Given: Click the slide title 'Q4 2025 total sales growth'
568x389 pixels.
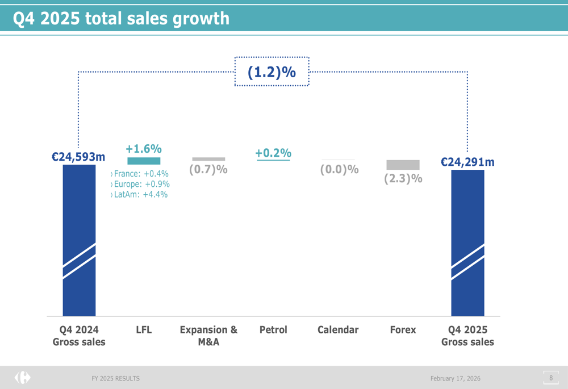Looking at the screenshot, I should pyautogui.click(x=121, y=19).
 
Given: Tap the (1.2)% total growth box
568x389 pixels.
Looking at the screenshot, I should pyautogui.click(x=272, y=72).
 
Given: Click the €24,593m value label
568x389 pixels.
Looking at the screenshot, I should pyautogui.click(x=78, y=157).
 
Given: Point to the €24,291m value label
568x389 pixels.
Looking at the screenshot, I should pyautogui.click(x=467, y=162).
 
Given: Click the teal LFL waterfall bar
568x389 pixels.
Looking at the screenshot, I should pyautogui.click(x=144, y=161).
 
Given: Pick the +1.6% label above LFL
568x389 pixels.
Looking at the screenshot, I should pyautogui.click(x=144, y=149).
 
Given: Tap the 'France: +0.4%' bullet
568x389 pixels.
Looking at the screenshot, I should pyautogui.click(x=140, y=174).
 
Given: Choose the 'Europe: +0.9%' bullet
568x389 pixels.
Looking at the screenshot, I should pyautogui.click(x=141, y=184).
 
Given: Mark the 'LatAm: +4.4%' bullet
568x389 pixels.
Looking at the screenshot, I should pyautogui.click(x=140, y=194).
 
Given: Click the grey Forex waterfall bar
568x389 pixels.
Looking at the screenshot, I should pyautogui.click(x=403, y=165).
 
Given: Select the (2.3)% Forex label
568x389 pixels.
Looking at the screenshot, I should pyautogui.click(x=403, y=178).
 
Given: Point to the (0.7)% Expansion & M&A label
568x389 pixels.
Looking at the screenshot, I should pyautogui.click(x=208, y=169).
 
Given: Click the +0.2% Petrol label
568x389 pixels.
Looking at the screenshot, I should pyautogui.click(x=273, y=153).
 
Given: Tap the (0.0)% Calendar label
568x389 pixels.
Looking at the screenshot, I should pyautogui.click(x=339, y=169).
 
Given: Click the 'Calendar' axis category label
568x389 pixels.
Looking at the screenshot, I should pyautogui.click(x=338, y=330).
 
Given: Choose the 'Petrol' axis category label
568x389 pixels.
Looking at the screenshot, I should pyautogui.click(x=273, y=330).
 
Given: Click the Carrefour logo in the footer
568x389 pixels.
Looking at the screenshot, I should pyautogui.click(x=23, y=378).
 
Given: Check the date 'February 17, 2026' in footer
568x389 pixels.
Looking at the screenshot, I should pyautogui.click(x=455, y=378).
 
